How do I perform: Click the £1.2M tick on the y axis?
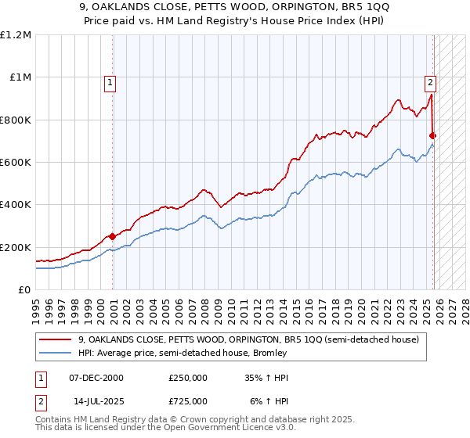pyautogui.click(x=16, y=35)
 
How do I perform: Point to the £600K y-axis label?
pyautogui.click(x=16, y=163)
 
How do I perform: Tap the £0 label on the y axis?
pyautogui.click(x=23, y=290)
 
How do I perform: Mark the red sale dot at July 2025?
pyautogui.click(x=432, y=135)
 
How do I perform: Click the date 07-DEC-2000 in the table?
pyautogui.click(x=96, y=378)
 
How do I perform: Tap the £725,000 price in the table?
pyautogui.click(x=188, y=400)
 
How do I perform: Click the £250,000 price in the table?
pyautogui.click(x=188, y=378)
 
